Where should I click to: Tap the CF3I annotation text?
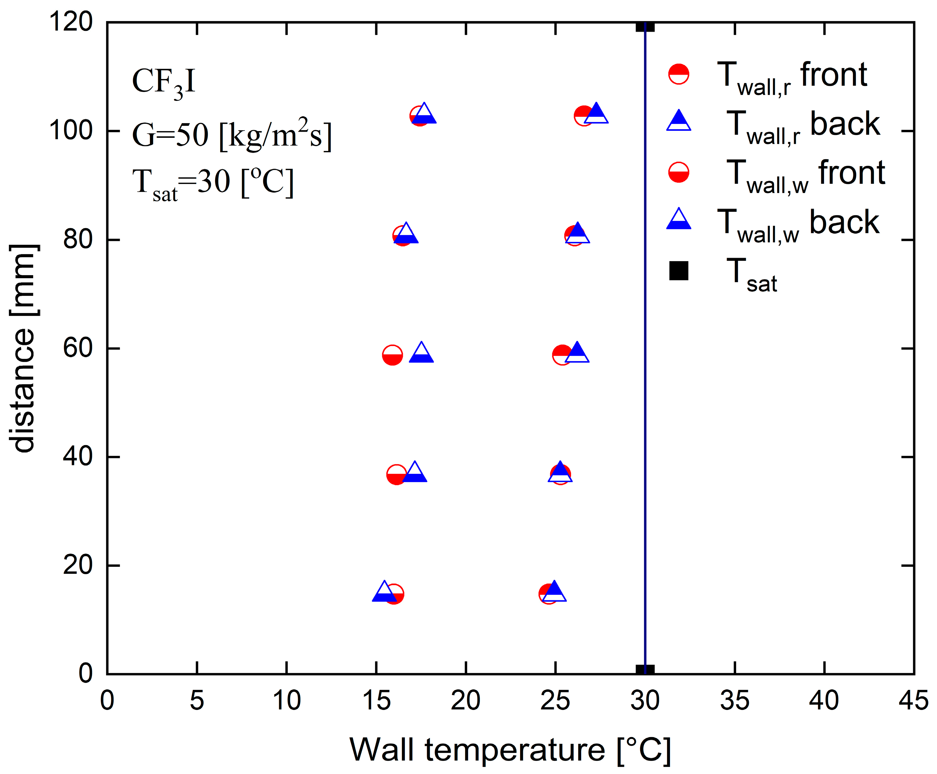tap(164, 83)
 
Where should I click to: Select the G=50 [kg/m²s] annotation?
tap(232, 135)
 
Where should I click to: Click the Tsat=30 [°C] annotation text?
tap(213, 183)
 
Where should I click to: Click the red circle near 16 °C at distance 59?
tap(392, 355)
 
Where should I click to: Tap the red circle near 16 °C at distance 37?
tap(396, 475)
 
